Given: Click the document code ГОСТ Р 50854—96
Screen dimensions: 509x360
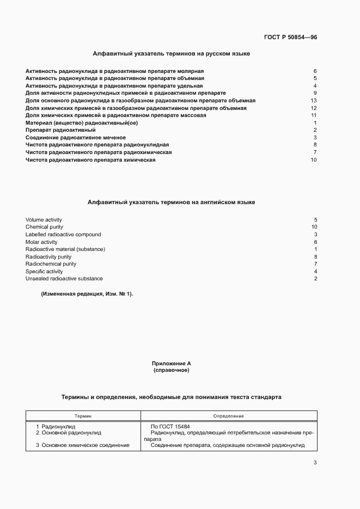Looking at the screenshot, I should (290, 37).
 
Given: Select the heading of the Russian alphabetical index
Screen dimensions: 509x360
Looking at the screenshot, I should (172, 54).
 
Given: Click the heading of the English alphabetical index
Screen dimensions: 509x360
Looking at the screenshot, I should (172, 202).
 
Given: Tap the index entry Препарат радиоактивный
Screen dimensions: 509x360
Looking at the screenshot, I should (60, 130).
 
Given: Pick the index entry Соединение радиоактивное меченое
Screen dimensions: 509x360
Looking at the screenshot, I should (76, 138).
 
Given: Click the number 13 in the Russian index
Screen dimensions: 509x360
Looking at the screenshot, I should (313, 101).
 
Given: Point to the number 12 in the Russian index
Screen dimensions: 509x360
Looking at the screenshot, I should (313, 108).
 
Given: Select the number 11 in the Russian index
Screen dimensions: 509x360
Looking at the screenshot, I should (313, 115).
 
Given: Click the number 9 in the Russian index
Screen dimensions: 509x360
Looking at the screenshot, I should (315, 93).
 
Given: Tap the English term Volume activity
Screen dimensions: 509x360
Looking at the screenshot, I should (44, 220).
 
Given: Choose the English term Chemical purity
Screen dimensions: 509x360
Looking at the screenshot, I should (44, 227).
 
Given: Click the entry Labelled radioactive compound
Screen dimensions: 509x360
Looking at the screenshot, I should (63, 235).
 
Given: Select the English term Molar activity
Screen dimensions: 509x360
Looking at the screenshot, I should (41, 242).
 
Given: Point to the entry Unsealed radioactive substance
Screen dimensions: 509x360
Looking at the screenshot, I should (64, 279).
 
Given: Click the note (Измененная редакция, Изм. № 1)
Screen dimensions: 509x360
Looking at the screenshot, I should (87, 295).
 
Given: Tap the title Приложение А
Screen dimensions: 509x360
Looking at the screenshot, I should (172, 363).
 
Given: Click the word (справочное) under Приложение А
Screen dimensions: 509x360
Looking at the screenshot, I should (172, 370).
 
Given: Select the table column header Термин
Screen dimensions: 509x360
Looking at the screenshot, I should (83, 416).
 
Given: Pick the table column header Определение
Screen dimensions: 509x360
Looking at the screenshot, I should (229, 416).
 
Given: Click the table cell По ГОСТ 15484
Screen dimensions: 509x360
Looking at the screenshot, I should (170, 426).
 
